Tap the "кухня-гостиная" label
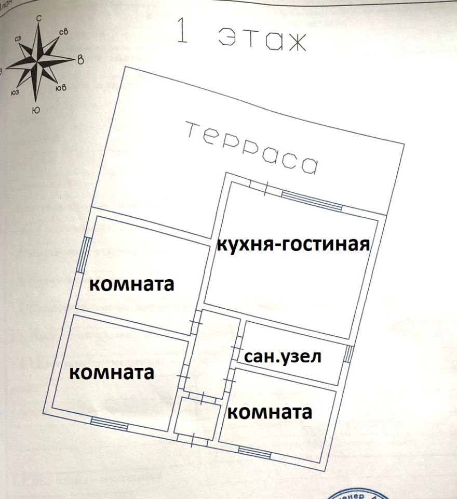click(x=293, y=244)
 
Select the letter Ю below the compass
click(x=35, y=110)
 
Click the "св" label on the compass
click(x=64, y=33)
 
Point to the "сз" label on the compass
click(x=18, y=38)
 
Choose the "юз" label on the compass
click(x=15, y=93)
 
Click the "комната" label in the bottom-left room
click(x=112, y=373)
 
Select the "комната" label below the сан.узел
click(x=270, y=413)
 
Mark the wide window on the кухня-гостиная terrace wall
click(x=312, y=200)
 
